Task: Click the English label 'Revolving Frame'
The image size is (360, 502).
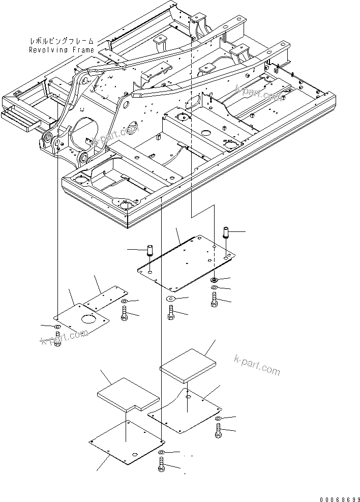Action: pos(61,50)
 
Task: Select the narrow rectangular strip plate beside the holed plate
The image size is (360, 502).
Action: pos(105,297)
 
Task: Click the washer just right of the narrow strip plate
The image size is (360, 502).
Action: pos(125,303)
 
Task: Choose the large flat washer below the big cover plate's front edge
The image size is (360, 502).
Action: pos(170,298)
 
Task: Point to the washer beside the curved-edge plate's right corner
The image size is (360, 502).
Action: pos(218,419)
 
